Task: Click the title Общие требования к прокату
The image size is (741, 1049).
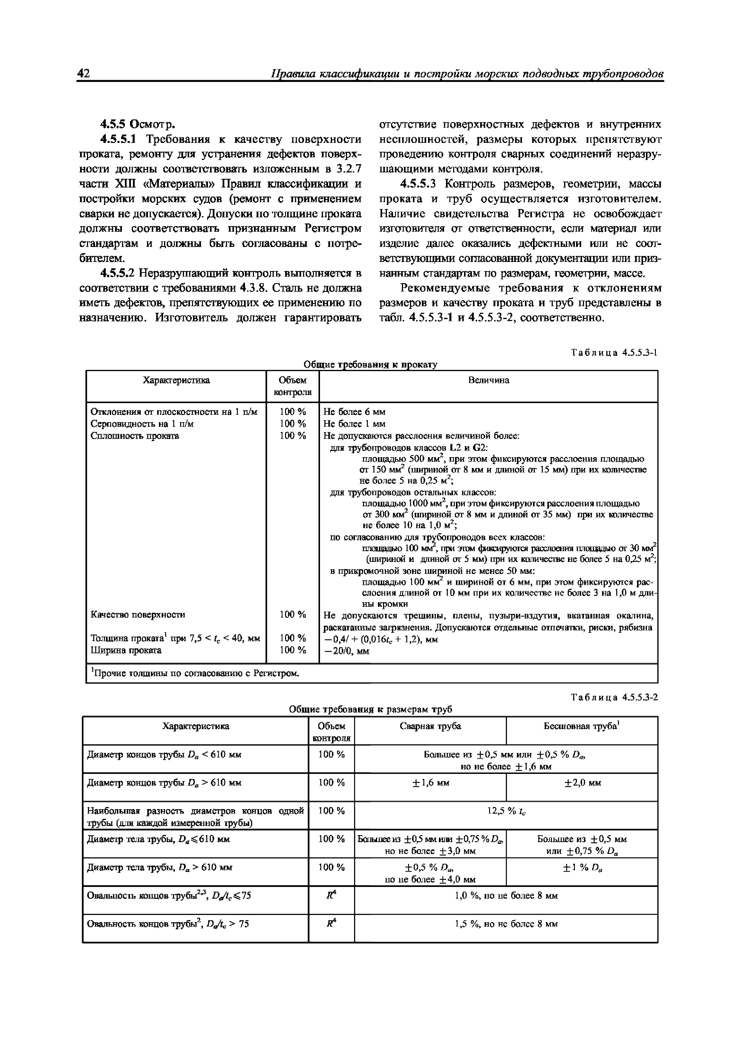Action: (x=370, y=364)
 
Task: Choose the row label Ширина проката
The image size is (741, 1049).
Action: (x=126, y=650)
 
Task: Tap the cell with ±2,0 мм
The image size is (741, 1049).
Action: (x=582, y=783)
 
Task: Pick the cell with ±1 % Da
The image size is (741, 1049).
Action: (x=582, y=867)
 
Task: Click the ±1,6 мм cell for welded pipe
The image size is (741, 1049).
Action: (x=430, y=783)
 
